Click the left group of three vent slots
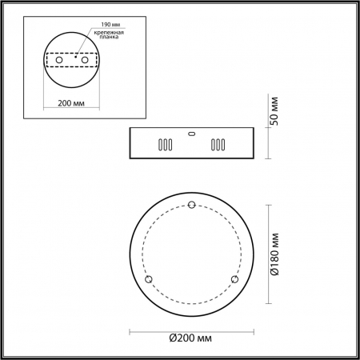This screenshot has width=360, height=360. coord(163,146)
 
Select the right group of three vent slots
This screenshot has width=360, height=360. coord(217,146)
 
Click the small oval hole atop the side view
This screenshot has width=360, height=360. coord(190,134)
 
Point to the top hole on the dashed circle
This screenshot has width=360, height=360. coord(190,206)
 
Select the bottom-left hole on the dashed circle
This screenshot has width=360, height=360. coord(148,278)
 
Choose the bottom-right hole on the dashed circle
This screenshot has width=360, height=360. coord(234,278)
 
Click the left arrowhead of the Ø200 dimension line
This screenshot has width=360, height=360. coord(130,330)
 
